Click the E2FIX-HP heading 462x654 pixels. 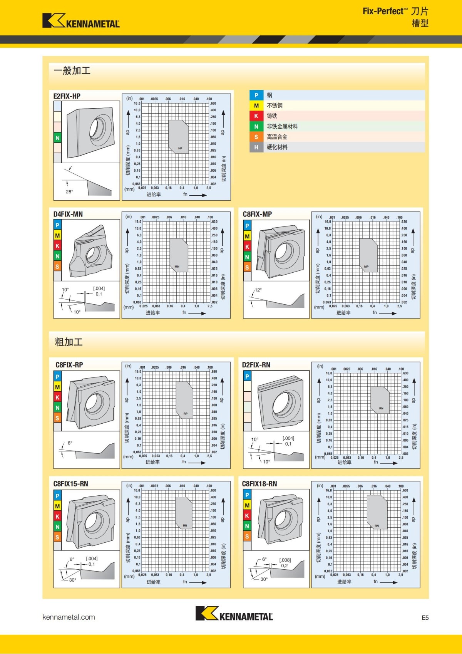point(67,96)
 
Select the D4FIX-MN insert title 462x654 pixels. point(68,214)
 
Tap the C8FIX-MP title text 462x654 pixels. point(257,214)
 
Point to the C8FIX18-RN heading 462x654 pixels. point(259,484)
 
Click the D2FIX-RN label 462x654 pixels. point(256,365)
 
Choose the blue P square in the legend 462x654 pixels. point(256,95)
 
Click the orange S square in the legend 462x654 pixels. point(256,137)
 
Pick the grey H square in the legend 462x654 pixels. point(256,147)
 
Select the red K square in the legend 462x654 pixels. point(256,116)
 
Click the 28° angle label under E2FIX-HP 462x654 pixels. point(69,191)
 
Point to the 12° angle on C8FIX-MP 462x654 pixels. point(258,290)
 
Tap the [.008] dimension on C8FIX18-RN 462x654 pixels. point(285,560)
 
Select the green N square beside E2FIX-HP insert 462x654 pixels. point(57,138)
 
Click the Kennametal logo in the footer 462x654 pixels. point(234,613)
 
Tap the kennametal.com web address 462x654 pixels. point(69,617)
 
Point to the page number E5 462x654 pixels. point(425,618)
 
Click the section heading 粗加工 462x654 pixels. point(69,342)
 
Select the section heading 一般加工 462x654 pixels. point(72,70)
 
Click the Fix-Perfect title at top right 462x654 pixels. point(395,11)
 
